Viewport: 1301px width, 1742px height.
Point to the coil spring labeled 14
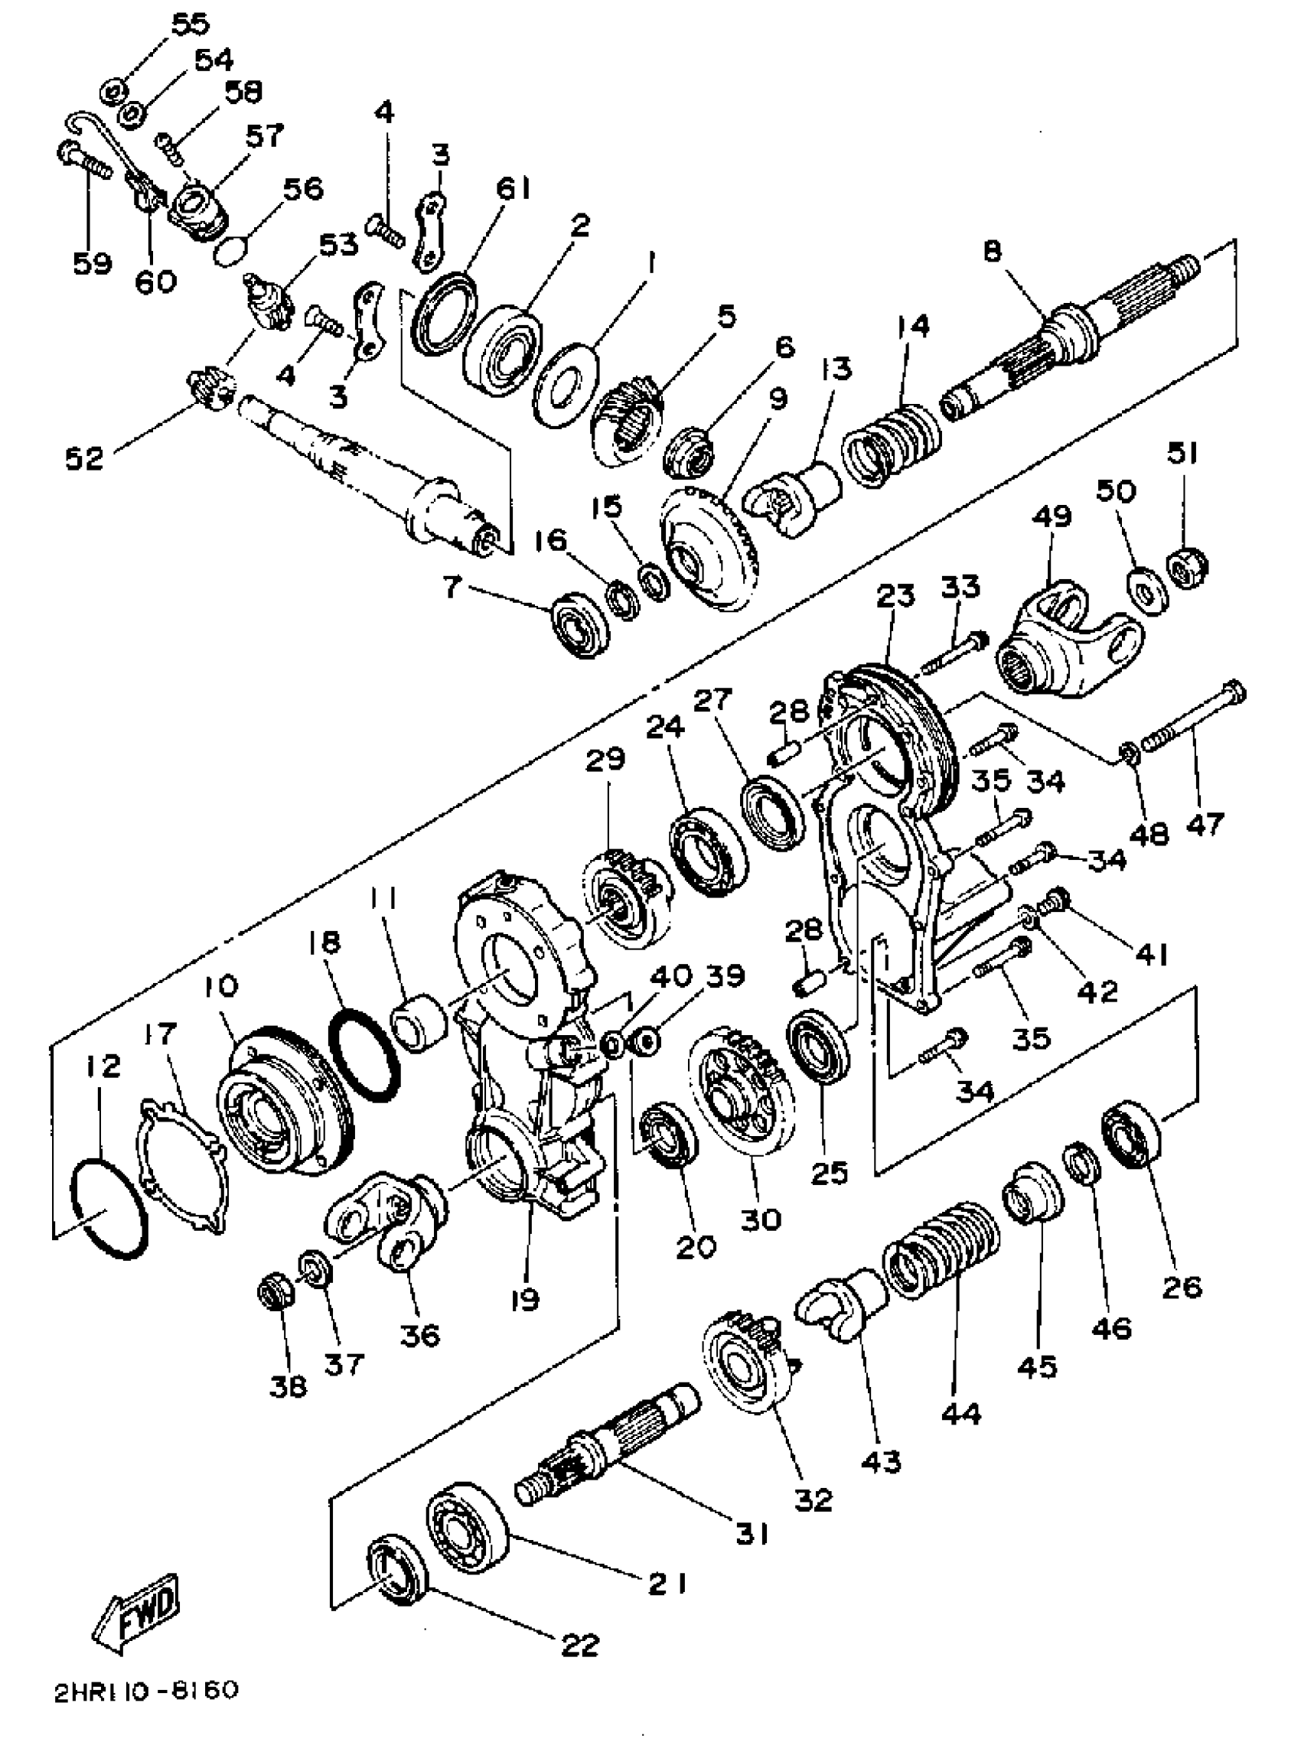coord(890,447)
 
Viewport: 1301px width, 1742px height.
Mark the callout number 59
coord(92,263)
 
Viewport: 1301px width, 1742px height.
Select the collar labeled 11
coord(419,1021)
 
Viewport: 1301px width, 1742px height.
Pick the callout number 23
coord(895,595)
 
